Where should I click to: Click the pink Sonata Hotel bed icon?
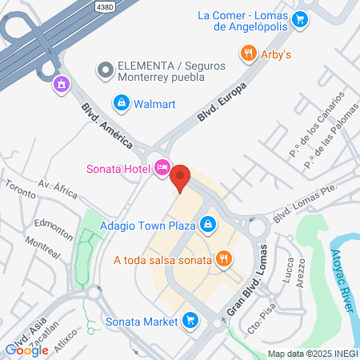point(162,167)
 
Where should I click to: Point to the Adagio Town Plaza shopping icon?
point(207,225)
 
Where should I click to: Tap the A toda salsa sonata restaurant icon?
point(225,258)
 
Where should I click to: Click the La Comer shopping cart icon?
point(300,19)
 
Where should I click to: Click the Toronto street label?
point(19,189)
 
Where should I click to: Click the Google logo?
point(27,349)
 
